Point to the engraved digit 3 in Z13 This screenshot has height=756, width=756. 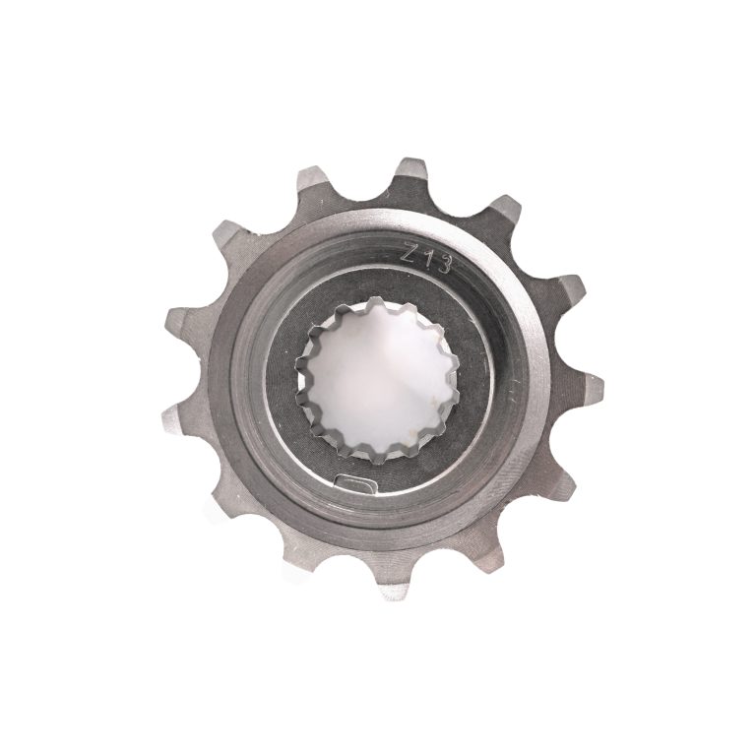tap(444, 264)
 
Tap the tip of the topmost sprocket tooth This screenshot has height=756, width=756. tap(409, 159)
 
